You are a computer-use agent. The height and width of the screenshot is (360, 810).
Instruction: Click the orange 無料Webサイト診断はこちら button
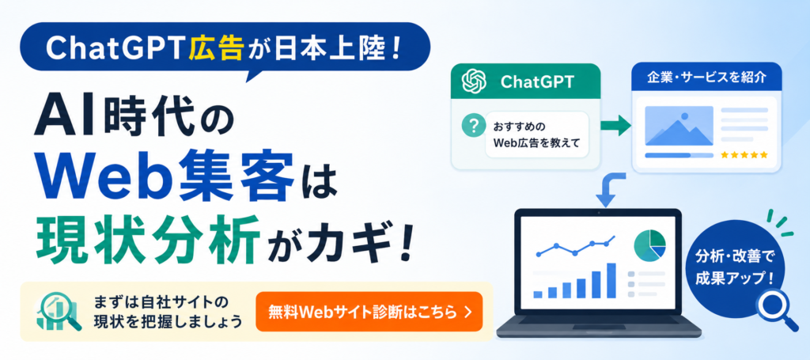[x=369, y=312]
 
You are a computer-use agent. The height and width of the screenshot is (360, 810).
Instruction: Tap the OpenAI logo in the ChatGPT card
[x=475, y=81]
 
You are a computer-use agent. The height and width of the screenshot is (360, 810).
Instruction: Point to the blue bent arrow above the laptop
[x=607, y=190]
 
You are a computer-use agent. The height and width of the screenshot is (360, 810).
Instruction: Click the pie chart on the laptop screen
[x=650, y=245]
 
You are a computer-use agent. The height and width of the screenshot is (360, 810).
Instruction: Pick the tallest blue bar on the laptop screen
[x=611, y=280]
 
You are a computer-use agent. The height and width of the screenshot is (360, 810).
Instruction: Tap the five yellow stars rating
[x=744, y=154]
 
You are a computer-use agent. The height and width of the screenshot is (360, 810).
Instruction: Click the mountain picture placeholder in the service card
[x=679, y=126]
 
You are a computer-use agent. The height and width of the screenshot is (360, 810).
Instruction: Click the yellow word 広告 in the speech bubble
[x=216, y=49]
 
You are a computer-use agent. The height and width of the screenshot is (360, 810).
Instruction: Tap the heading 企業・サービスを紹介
[x=706, y=78]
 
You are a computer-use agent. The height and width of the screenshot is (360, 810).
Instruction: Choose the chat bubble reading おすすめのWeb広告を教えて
[x=537, y=135]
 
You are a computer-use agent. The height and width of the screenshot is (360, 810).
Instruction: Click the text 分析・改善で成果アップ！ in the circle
[x=736, y=266]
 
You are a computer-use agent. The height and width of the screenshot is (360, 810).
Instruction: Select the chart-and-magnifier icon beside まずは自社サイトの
[x=59, y=313]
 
